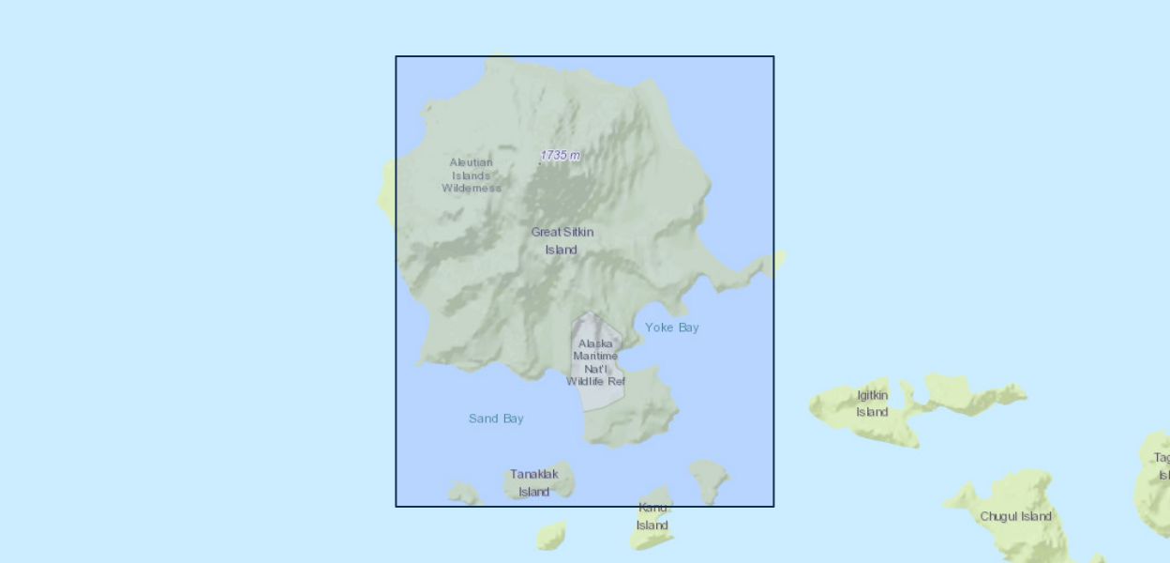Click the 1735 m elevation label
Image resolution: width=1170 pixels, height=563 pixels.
pyautogui.click(x=560, y=155)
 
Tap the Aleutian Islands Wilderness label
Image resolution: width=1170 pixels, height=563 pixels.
pyautogui.click(x=472, y=175)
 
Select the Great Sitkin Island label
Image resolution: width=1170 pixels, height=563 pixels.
pyautogui.click(x=562, y=241)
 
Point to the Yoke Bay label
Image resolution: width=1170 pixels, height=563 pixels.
pyautogui.click(x=671, y=327)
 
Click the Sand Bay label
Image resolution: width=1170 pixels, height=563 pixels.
pyautogui.click(x=496, y=418)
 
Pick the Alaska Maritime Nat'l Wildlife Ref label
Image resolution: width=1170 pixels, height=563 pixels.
pyautogui.click(x=595, y=362)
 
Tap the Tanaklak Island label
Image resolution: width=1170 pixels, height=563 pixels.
pyautogui.click(x=534, y=482)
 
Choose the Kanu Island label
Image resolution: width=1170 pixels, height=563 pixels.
pyautogui.click(x=652, y=516)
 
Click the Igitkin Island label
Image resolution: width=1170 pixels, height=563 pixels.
pyautogui.click(x=872, y=403)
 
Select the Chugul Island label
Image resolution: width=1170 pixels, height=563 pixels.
pyautogui.click(x=1015, y=516)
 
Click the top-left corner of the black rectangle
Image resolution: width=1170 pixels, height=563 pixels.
pyautogui.click(x=397, y=56)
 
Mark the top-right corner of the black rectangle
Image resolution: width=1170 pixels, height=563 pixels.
pyautogui.click(x=773, y=56)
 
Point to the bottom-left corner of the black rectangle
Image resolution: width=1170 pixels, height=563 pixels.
pyautogui.click(x=397, y=507)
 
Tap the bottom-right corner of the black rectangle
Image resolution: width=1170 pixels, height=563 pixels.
pyautogui.click(x=773, y=507)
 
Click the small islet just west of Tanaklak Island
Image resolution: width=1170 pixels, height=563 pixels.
pyautogui.click(x=464, y=493)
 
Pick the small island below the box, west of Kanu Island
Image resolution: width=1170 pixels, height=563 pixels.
pyautogui.click(x=551, y=535)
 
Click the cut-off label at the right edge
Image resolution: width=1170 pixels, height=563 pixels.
pyautogui.click(x=1162, y=466)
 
